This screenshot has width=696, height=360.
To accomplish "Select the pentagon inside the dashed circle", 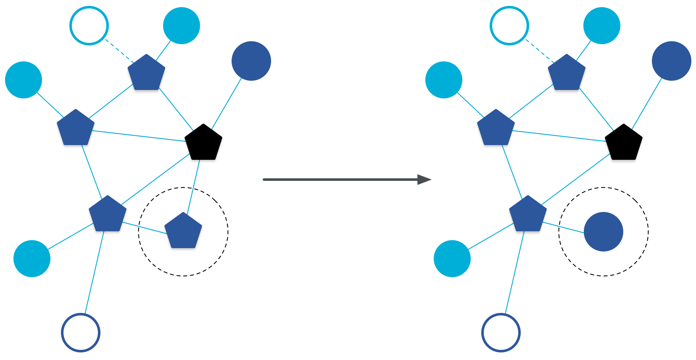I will (183, 231).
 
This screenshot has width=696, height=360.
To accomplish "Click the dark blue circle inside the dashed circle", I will (603, 232).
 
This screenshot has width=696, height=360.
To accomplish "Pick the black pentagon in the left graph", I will (203, 143).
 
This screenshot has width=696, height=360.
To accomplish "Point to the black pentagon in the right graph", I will (624, 143).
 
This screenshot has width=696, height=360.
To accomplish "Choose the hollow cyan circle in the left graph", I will (89, 26).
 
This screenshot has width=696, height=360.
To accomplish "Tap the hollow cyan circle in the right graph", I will (509, 26).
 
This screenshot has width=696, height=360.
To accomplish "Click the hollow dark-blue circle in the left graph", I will (81, 332).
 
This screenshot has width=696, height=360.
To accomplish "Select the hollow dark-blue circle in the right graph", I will (501, 332).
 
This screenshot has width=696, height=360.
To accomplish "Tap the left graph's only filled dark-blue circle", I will (251, 61).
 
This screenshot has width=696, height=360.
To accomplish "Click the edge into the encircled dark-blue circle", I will (563, 227).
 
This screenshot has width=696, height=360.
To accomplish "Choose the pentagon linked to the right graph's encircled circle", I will (528, 214).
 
